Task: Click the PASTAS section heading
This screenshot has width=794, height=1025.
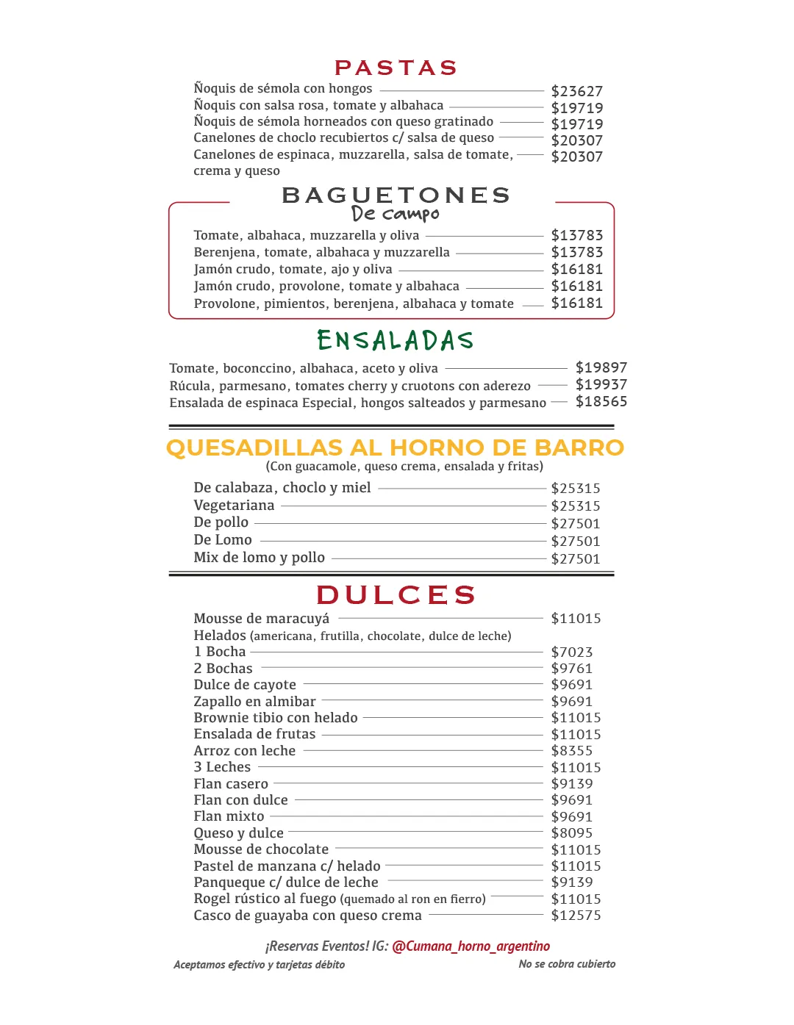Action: (x=396, y=68)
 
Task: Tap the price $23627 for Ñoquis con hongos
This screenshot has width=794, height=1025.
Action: (x=576, y=91)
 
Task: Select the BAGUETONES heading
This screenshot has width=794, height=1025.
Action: (x=396, y=195)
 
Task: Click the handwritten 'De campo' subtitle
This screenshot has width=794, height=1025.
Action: (x=395, y=214)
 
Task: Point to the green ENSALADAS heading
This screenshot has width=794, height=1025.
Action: (x=395, y=340)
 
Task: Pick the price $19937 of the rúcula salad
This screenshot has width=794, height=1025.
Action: (x=601, y=384)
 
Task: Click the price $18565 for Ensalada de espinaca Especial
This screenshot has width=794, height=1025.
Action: (x=601, y=401)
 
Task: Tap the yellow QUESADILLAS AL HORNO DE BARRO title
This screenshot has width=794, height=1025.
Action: (x=395, y=447)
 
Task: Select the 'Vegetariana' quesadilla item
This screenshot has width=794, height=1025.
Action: (x=234, y=506)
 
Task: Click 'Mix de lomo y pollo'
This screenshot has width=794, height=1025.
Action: (x=259, y=558)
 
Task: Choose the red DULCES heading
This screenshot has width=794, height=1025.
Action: (x=396, y=594)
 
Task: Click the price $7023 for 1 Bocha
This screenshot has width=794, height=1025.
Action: (x=571, y=652)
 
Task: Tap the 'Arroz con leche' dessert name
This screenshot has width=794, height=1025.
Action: (x=244, y=751)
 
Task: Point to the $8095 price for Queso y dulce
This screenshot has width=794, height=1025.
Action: (x=571, y=832)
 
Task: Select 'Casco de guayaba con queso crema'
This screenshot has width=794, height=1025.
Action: (x=307, y=916)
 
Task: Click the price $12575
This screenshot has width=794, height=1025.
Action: (x=576, y=916)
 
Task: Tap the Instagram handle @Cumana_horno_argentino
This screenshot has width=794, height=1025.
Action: (x=471, y=946)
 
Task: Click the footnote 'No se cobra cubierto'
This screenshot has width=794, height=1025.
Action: (x=567, y=964)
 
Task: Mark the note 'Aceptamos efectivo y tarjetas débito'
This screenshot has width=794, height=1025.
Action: (x=259, y=965)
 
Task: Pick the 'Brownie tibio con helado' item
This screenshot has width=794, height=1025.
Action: (x=275, y=718)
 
